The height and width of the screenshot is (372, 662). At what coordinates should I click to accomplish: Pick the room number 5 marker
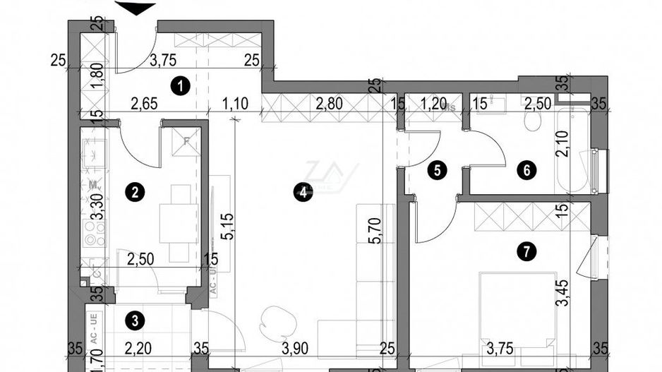click(438, 170)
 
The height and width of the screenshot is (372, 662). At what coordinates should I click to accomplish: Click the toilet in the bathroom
click(534, 123)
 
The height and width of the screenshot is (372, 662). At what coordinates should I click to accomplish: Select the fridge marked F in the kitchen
click(186, 140)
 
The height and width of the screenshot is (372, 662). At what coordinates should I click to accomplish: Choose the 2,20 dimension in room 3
click(139, 347)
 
